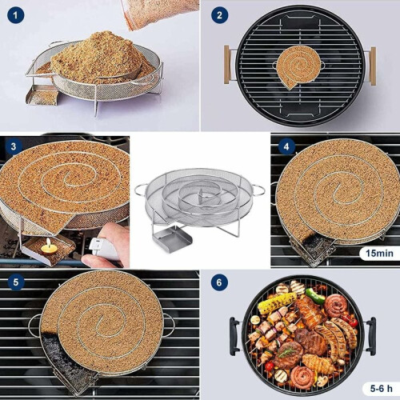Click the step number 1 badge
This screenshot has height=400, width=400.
(15, 15)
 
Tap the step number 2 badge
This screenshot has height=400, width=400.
(219, 15)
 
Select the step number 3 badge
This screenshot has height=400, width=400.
(14, 146)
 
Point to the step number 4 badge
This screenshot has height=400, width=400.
(286, 146)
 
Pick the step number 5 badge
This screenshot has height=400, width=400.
(16, 282)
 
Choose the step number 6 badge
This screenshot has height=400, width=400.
(219, 282)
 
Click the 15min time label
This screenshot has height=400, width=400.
(379, 253)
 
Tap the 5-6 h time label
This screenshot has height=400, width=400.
(382, 388)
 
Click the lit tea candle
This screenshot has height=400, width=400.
(49, 248)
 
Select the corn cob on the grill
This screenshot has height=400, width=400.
(277, 303)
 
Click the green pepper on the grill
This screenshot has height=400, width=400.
(315, 296)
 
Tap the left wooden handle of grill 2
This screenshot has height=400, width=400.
(226, 65)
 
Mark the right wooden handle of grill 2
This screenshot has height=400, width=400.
(373, 66)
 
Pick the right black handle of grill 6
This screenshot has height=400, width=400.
(371, 336)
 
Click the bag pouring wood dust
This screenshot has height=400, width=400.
(159, 14)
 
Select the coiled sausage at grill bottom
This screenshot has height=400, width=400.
(303, 377)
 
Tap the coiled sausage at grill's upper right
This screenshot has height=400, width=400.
(336, 306)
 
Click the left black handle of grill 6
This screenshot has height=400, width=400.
(234, 336)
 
